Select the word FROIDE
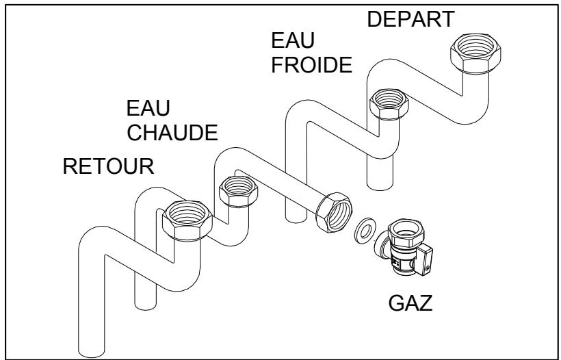[311, 66]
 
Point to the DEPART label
[410, 20]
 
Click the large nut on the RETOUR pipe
[185, 222]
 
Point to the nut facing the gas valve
[332, 211]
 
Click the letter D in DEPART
[375, 20]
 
